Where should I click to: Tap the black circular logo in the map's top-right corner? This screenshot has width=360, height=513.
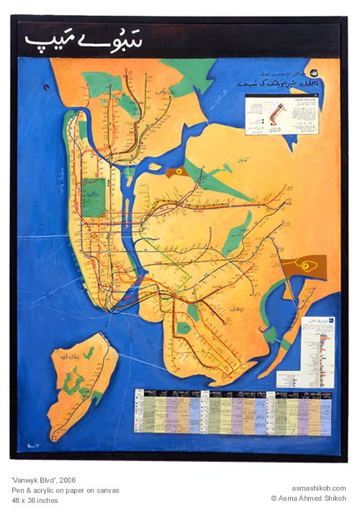315,73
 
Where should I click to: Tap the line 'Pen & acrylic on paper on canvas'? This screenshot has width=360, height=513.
66,490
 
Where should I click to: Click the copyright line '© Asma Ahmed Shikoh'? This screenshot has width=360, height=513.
308,498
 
